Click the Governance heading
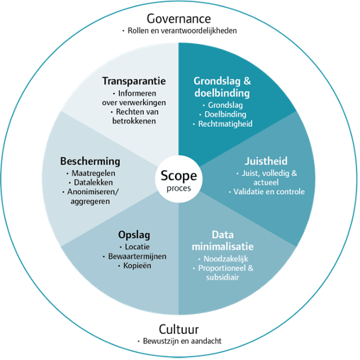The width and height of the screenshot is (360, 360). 179,18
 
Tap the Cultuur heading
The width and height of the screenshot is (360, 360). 179,330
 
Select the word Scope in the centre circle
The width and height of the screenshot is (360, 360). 179,176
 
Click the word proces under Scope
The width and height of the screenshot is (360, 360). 179,189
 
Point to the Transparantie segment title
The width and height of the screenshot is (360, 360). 134,81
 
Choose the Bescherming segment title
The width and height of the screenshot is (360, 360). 90,162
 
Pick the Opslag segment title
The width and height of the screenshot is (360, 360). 134,235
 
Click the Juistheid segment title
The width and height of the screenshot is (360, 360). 266,161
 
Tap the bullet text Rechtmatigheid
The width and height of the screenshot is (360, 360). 225,124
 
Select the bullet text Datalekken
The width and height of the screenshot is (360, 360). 94,182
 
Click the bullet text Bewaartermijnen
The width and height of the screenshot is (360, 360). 137,257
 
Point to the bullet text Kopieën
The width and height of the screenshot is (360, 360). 137,266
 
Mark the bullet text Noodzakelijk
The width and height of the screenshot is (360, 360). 226,259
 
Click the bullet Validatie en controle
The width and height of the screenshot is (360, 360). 269,191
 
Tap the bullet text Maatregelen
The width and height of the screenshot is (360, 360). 94,173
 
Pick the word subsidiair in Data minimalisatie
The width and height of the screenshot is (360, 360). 223,277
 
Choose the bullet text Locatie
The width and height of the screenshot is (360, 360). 137,247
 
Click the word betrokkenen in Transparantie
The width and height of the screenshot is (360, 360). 134,121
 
